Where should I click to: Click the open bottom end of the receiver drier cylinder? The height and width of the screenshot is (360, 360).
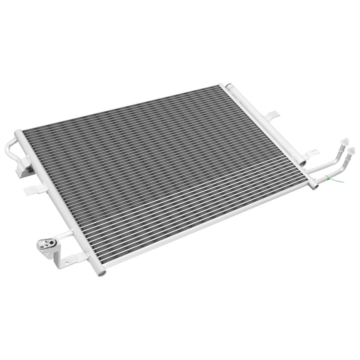(x=303, y=163)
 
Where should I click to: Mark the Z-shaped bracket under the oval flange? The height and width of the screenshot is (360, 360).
(x=66, y=259)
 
